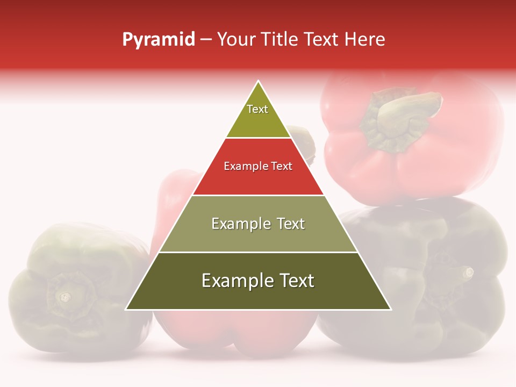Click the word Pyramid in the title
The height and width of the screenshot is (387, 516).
(x=159, y=40)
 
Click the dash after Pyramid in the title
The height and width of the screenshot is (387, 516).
(x=206, y=40)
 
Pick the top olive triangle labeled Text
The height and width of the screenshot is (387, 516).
(x=258, y=116)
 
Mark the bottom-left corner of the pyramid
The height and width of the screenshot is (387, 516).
(x=126, y=309)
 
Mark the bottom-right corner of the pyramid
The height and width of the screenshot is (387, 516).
(x=390, y=309)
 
